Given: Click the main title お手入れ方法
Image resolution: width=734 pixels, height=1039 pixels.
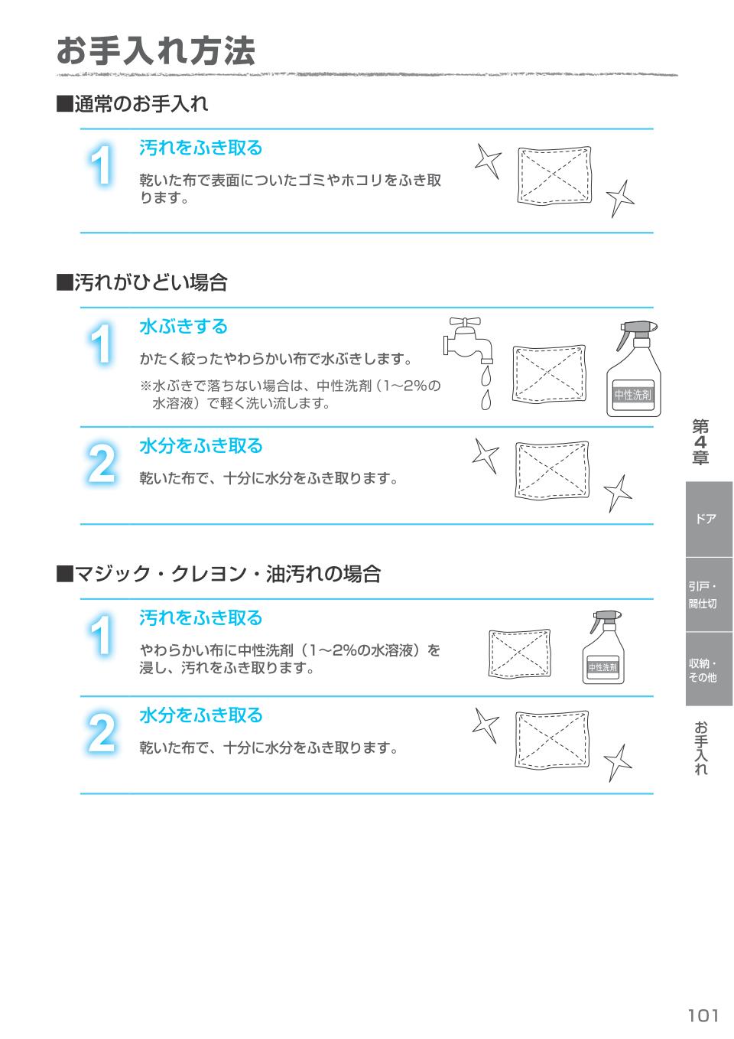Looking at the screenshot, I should (x=155, y=52).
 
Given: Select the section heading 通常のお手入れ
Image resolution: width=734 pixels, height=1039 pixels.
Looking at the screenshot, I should (x=132, y=104).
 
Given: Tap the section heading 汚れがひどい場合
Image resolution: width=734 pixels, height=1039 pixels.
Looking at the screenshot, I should (x=142, y=283).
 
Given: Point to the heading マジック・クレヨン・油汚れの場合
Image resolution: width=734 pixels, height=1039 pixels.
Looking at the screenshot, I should (x=219, y=574).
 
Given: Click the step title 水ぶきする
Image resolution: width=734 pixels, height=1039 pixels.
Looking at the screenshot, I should (x=183, y=327).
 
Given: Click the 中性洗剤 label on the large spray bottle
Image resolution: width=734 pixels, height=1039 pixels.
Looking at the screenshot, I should (x=632, y=395).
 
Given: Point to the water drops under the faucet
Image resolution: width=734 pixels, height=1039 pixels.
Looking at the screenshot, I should (x=485, y=388).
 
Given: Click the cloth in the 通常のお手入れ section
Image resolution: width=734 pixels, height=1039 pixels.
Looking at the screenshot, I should (x=554, y=175).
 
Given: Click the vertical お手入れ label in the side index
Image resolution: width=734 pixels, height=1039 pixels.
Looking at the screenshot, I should (x=701, y=747).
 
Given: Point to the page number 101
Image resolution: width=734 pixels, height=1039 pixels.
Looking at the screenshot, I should (x=703, y=1015).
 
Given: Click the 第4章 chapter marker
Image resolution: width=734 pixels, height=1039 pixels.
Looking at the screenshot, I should (x=700, y=442).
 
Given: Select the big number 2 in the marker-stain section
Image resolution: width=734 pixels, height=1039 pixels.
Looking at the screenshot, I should (x=102, y=733).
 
